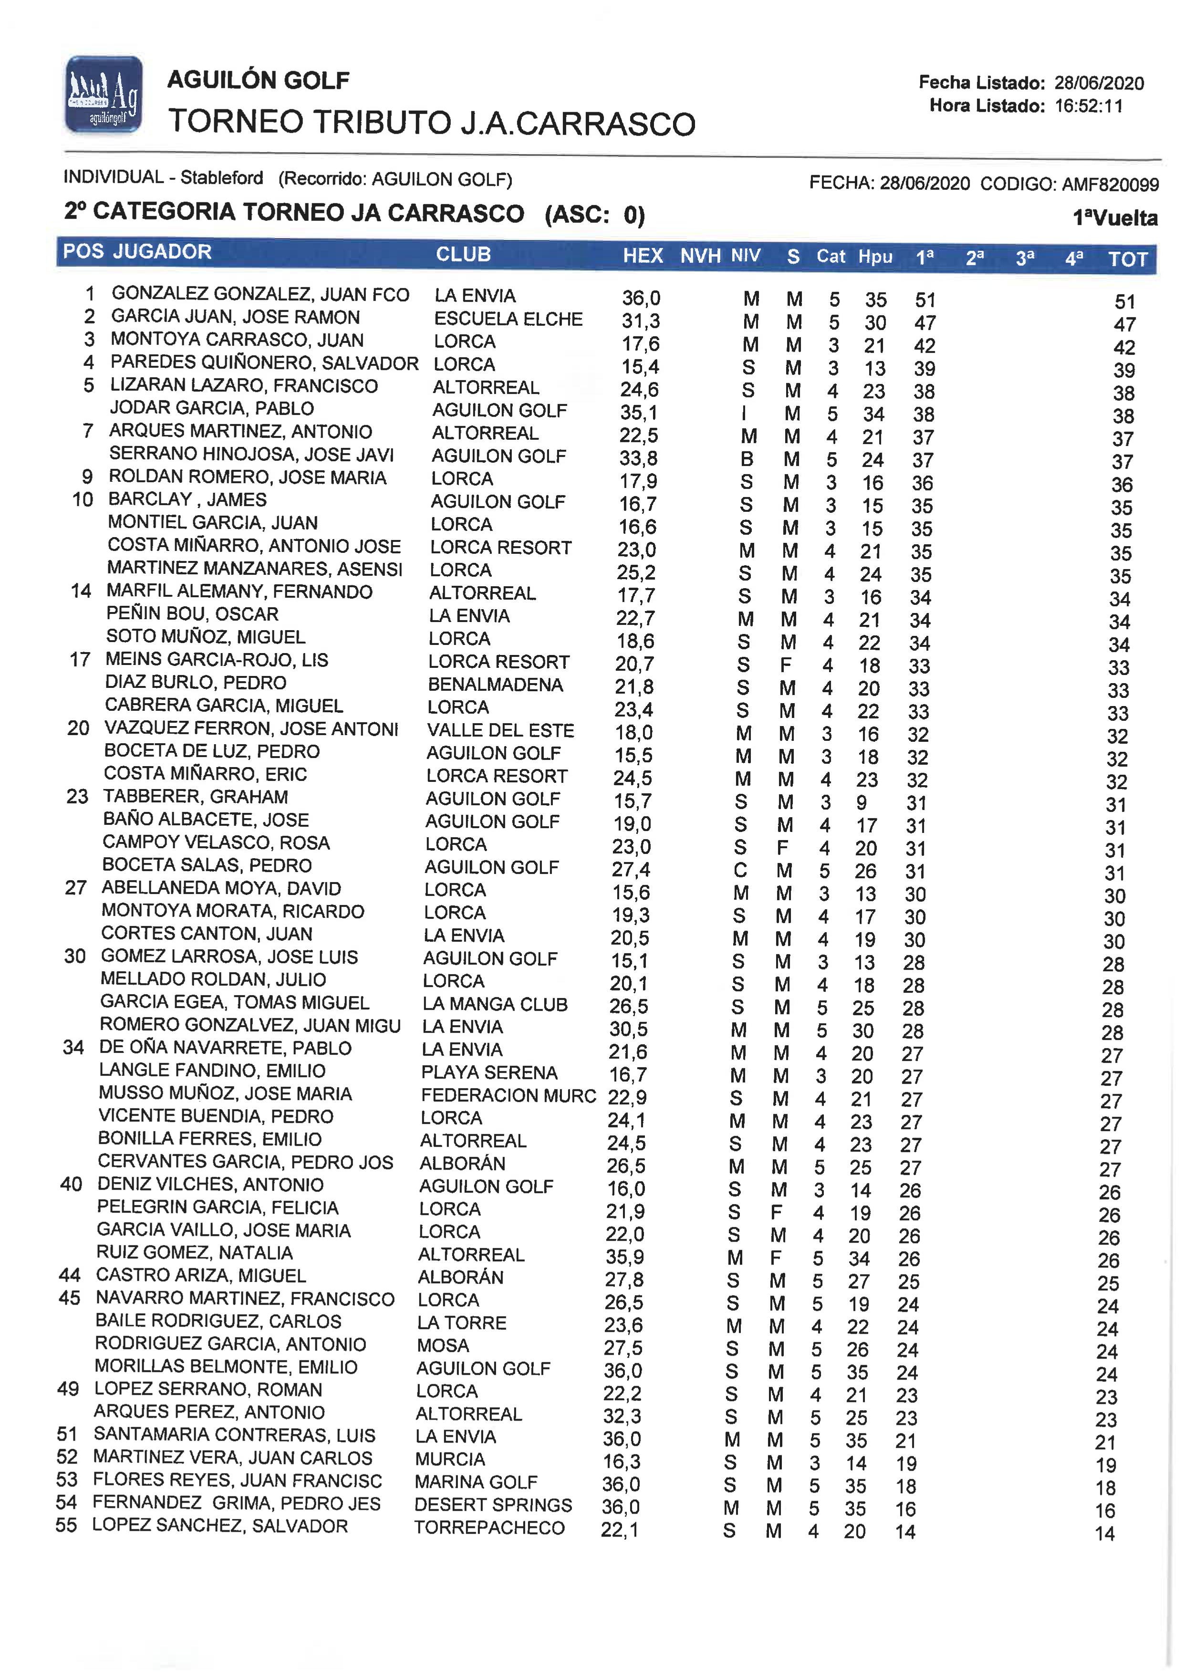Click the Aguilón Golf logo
[104, 95]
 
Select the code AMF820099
[1110, 184]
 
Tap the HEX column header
[643, 256]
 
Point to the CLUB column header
[463, 254]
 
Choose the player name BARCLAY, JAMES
[187, 500]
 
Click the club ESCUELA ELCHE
[508, 319]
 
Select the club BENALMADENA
[495, 685]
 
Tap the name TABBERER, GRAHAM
[195, 797]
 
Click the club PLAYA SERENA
[489, 1072]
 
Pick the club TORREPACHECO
[489, 1528]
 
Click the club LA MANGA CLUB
[495, 1004]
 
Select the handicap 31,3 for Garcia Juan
[640, 322]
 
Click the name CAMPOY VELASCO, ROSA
[216, 843]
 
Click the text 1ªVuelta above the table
[1114, 218]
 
